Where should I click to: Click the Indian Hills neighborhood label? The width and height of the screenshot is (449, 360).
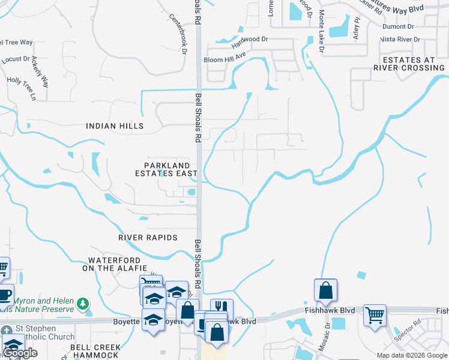115,126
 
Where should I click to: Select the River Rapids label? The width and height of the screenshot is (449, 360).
148,238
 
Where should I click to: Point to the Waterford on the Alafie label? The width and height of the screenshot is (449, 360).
118,264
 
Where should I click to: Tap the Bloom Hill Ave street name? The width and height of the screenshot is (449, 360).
225,55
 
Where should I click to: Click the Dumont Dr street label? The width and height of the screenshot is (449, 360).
398,26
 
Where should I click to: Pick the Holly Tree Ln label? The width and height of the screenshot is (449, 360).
22,88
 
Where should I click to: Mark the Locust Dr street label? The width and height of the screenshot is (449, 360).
16,59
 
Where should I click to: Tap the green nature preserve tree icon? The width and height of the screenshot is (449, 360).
83,305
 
